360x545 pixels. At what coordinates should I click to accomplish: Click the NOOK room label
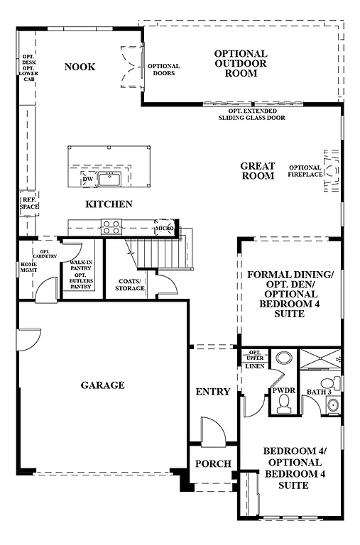coord(80,67)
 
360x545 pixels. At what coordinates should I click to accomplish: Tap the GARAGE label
coord(102,385)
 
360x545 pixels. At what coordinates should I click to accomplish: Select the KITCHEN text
coord(109,204)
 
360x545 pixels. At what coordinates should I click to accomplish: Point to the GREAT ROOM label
coord(257,170)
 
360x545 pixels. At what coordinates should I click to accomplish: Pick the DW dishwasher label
coord(87,179)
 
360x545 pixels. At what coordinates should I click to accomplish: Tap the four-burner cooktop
coord(111,227)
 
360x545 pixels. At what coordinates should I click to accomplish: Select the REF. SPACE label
coord(29,203)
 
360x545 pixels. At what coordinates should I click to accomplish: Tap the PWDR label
coord(283,391)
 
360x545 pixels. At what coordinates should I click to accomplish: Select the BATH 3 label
coord(319,391)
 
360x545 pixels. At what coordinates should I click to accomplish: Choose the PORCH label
coord(212,464)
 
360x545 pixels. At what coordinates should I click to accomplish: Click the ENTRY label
coord(212,392)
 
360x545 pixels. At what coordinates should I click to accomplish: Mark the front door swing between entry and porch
coord(212,430)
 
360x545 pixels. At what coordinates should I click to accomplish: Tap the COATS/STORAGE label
coord(130,285)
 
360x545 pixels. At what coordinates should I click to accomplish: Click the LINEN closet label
coord(255,366)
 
